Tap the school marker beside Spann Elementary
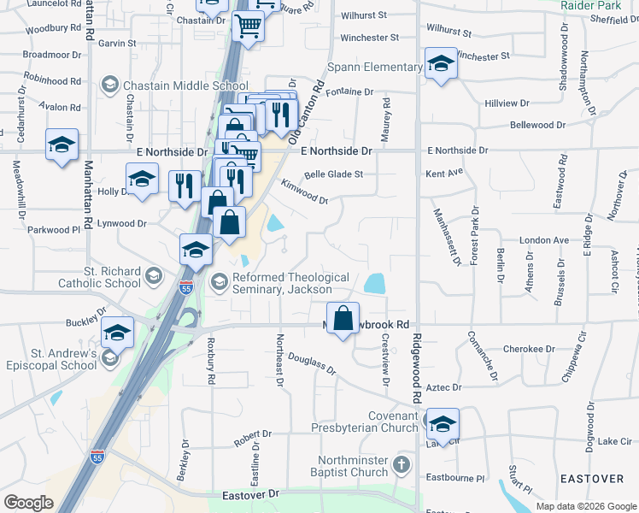[x=441, y=64]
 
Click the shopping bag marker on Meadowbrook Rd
[x=343, y=318]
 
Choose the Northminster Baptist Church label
[x=353, y=467]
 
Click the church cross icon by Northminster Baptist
[x=402, y=467]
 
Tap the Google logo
[x=28, y=503]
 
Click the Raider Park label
[x=584, y=5]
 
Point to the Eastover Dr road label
[x=250, y=494]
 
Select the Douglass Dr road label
[x=312, y=364]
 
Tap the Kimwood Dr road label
[x=305, y=192]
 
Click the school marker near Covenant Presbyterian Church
[x=442, y=424]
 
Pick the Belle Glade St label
[x=334, y=174]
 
